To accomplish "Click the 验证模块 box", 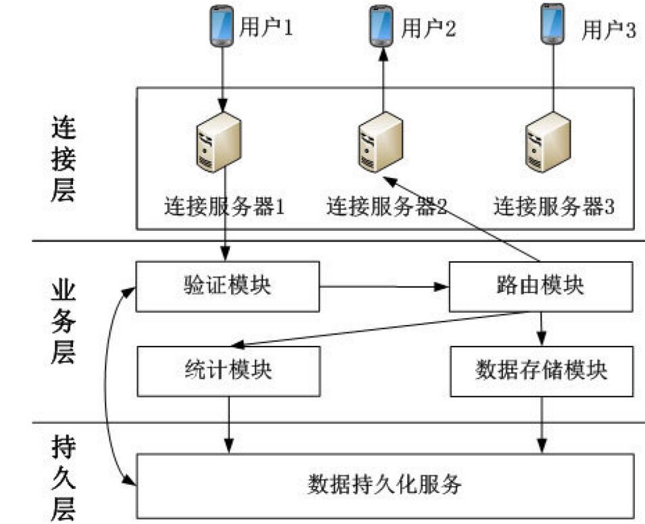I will (227, 286).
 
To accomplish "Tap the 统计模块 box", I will (227, 371).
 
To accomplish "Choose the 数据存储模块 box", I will (541, 371).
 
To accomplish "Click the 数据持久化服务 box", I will (385, 485).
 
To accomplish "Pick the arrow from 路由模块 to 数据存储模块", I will (541, 329).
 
